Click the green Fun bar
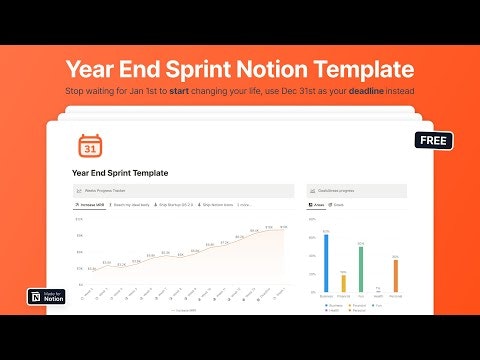click(360, 267)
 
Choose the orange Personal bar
click(395, 275)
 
